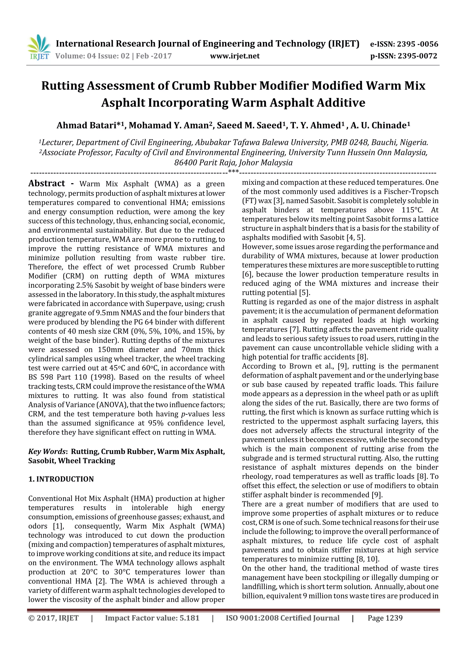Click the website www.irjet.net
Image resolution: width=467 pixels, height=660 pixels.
235,56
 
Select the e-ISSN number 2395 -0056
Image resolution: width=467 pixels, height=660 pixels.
418,44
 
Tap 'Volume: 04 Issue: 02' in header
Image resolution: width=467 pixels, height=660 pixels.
92,56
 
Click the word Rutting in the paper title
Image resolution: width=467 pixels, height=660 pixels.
63,86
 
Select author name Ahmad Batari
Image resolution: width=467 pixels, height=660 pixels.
86,125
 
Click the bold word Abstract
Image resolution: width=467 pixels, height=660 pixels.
47,183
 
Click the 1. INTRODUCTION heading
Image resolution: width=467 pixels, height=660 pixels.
61,479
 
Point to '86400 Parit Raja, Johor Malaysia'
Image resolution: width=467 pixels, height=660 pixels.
233,163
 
